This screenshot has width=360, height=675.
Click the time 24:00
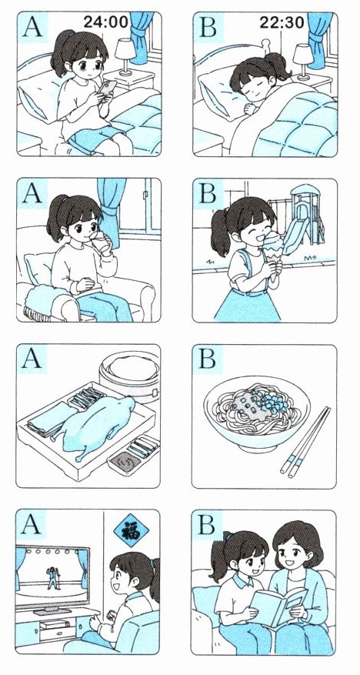coord(106,22)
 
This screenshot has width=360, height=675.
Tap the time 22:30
coord(282,22)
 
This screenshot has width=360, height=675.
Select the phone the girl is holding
coord(107,88)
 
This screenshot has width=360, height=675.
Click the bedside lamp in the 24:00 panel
coord(125,56)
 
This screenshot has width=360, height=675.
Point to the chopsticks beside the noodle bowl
coord(305,442)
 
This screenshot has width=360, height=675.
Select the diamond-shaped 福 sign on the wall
coord(132,532)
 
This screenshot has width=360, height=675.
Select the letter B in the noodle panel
coord(208,359)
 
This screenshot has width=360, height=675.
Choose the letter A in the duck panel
coord(32,359)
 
